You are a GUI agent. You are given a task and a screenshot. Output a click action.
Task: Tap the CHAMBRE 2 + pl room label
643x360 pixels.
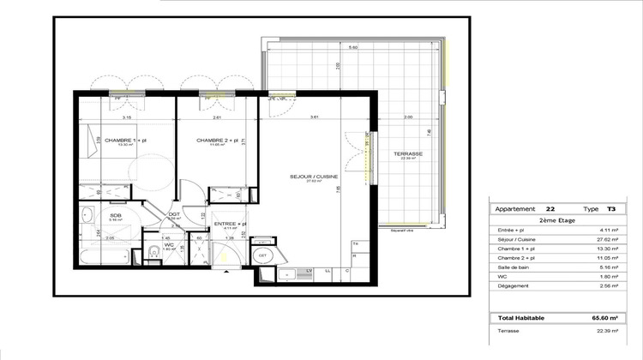click(x=215, y=140)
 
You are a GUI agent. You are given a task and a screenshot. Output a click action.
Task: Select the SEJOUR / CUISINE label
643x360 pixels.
click(x=314, y=176)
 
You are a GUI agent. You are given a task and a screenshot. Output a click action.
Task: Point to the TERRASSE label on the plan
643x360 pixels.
click(x=408, y=154)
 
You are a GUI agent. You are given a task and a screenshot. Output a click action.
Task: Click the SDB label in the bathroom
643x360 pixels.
click(x=115, y=215)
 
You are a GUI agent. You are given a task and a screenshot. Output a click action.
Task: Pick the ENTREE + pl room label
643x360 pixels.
click(x=229, y=223)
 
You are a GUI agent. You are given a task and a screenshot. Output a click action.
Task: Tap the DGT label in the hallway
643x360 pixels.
click(x=172, y=214)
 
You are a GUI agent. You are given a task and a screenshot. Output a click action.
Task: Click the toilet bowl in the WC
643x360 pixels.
click(x=153, y=251)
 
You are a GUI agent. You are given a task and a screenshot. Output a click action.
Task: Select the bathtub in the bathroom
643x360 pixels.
click(x=104, y=256)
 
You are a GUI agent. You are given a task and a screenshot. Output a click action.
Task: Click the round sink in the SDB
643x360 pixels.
click(x=87, y=214)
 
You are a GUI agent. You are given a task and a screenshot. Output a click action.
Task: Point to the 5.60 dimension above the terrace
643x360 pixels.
click(x=353, y=47)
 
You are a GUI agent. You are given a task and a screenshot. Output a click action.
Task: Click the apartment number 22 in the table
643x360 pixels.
click(x=550, y=208)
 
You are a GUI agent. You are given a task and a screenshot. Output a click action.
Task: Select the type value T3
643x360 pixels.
click(x=610, y=208)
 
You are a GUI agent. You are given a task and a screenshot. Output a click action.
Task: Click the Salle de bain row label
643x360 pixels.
click(x=517, y=277)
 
